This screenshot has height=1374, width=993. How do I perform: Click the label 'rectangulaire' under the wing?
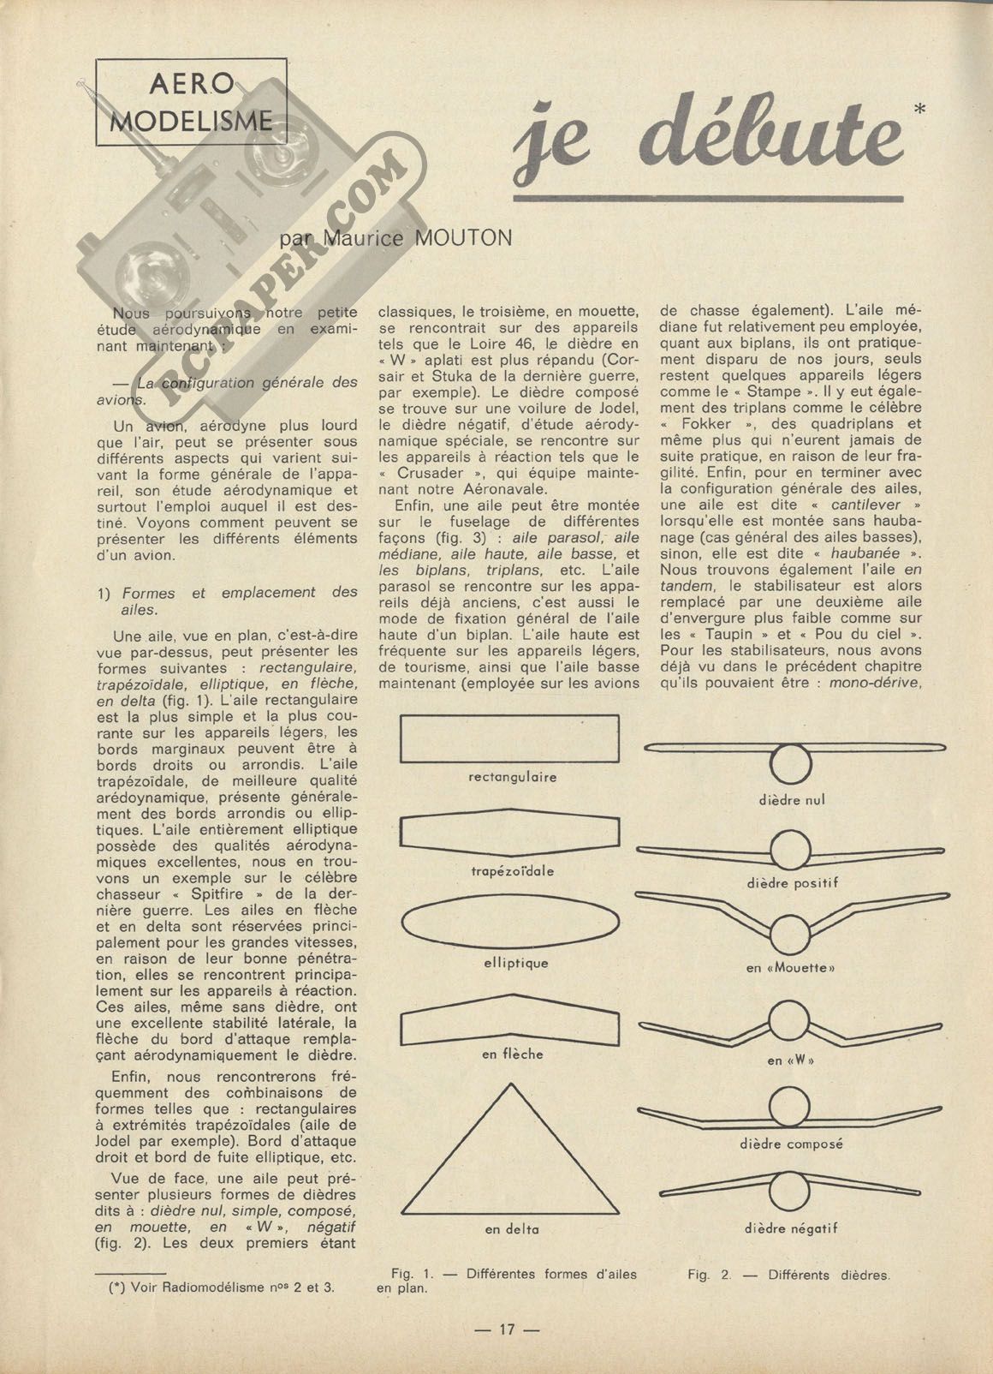[513, 778]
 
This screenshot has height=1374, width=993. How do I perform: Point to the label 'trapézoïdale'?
[512, 871]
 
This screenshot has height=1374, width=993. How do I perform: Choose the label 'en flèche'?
[512, 1054]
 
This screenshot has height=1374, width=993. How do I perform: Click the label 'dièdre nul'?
[791, 801]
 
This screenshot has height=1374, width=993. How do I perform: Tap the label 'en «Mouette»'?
[790, 968]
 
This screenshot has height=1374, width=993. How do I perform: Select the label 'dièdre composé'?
[791, 1144]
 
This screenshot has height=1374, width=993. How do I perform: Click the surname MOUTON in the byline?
[463, 238]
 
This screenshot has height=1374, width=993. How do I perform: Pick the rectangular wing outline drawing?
[511, 738]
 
